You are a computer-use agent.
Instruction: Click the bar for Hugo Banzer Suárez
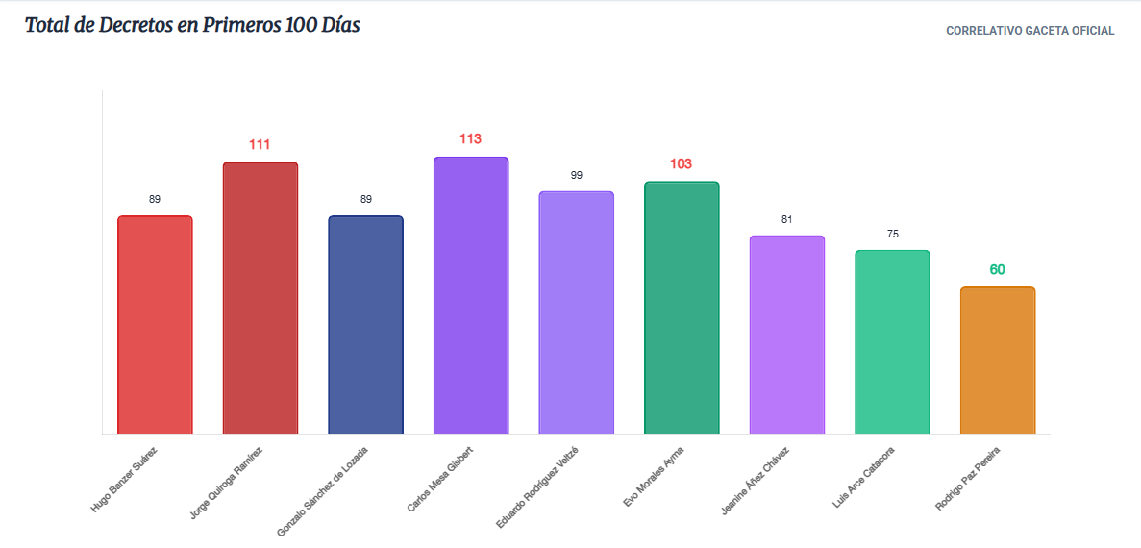pos(155,325)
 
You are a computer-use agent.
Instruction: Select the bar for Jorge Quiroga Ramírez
pos(260,298)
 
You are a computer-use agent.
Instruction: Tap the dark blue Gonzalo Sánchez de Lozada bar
pos(366,325)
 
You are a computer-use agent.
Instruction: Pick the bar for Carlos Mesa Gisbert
pos(471,295)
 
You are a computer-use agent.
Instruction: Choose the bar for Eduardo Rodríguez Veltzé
pos(577,312)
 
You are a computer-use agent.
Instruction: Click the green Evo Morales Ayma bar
pos(682,308)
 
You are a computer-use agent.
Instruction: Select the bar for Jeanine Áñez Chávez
pos(787,335)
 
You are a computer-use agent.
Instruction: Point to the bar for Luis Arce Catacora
pos(892,342)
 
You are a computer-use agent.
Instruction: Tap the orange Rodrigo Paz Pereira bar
pos(998,361)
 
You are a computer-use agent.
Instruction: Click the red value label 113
pos(471,139)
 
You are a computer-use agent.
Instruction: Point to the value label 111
pos(260,144)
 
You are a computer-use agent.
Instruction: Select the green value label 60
pos(997,269)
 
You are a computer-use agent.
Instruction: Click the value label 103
pos(682,163)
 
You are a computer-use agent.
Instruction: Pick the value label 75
pos(892,235)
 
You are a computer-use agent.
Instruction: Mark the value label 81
pos(786,219)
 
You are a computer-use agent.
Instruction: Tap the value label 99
pos(577,175)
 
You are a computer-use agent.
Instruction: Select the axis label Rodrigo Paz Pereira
pos(969,478)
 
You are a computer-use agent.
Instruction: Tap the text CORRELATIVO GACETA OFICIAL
pos(1029,31)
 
